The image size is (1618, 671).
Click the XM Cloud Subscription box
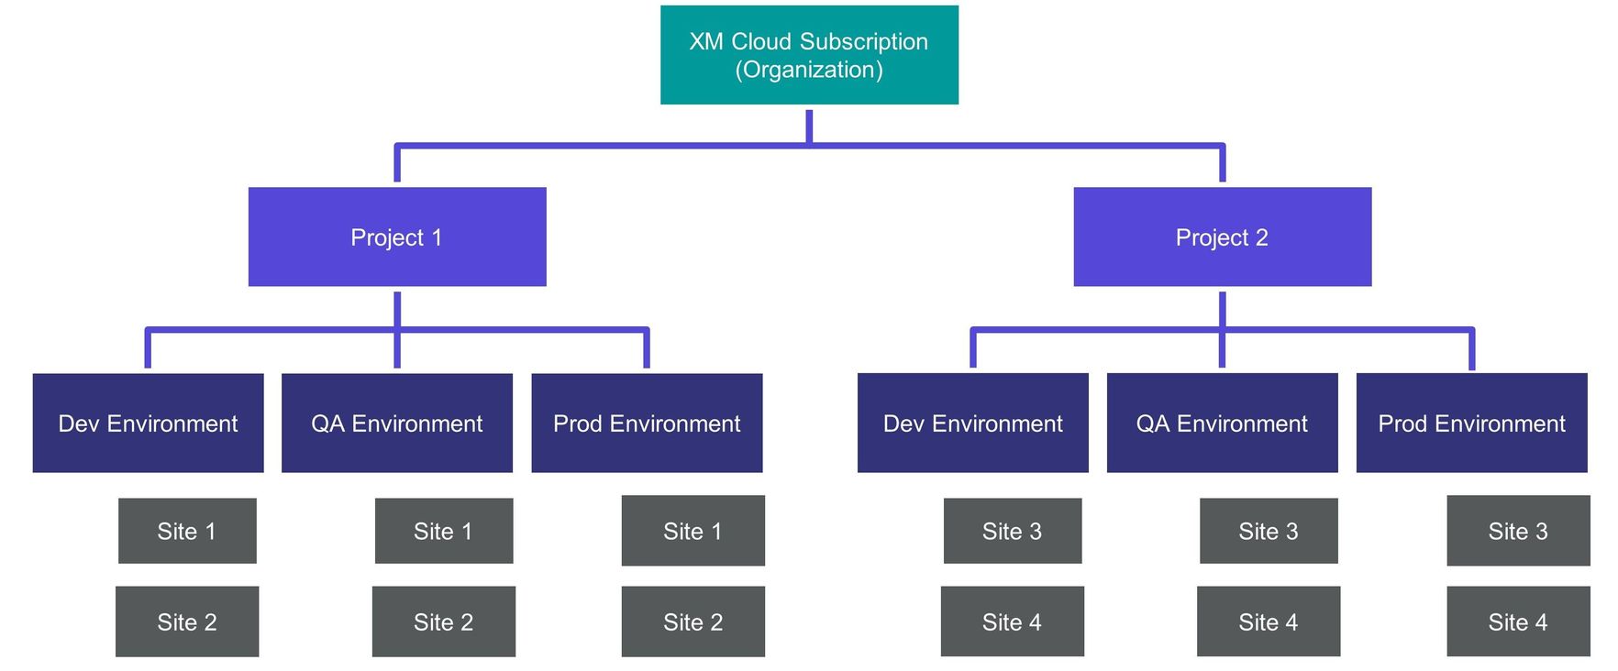coord(809,55)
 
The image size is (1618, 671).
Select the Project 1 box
coord(397,237)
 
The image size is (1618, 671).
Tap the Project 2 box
coord(1222,237)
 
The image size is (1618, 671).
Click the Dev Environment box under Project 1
coord(148,423)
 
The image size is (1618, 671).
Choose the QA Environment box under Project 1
coord(396,423)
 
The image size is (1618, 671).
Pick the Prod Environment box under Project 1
coord(647,423)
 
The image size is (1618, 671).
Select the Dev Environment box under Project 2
coord(972,423)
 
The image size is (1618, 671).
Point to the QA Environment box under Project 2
coord(1222,423)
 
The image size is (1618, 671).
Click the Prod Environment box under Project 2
coord(1471,423)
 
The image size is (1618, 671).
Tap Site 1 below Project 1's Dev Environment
coord(187,532)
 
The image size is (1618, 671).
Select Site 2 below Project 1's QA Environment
coord(443,622)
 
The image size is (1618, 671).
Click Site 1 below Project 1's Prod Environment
coord(693,532)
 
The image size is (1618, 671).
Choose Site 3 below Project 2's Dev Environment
coord(1012,532)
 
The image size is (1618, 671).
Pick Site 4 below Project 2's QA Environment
coord(1268,622)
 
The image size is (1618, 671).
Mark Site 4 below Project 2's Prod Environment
coord(1518,622)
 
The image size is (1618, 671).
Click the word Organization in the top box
coord(809,71)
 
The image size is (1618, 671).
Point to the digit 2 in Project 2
coord(1262,238)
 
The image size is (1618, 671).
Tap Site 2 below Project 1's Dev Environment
coord(187,622)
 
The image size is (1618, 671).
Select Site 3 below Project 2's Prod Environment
coord(1518,532)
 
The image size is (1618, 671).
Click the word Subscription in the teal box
coord(863,42)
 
